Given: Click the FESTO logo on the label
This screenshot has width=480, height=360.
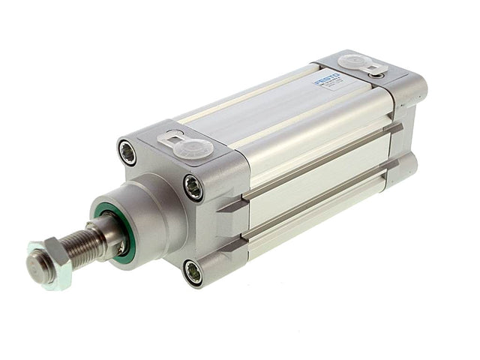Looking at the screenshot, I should [x=328, y=77].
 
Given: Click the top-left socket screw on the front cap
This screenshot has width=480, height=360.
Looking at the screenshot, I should [x=127, y=152].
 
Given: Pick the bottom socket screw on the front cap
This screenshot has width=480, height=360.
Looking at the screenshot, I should [x=192, y=272].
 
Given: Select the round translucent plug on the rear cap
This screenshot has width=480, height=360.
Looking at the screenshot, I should [x=352, y=63].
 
